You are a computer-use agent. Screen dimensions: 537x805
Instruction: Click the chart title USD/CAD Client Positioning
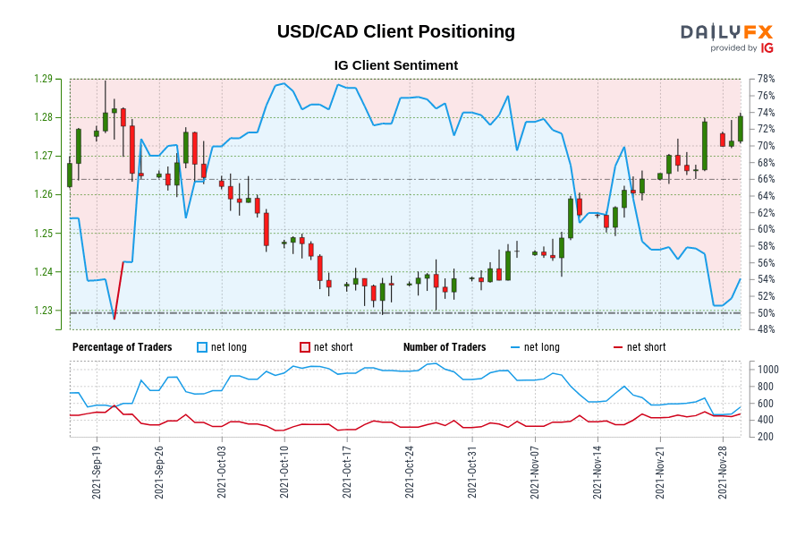(395, 31)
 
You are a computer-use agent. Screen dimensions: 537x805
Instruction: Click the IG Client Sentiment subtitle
(395, 65)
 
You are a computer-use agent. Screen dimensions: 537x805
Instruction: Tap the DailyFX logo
(726, 32)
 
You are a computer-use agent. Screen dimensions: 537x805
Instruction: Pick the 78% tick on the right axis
(765, 79)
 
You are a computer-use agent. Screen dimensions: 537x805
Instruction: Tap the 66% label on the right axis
(765, 179)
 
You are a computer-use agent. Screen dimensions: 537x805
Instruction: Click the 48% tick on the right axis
(765, 329)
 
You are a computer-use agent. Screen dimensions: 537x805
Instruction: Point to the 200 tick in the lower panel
(766, 436)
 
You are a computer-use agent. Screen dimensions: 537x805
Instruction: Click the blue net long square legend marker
(202, 347)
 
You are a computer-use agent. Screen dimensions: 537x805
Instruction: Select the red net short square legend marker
(305, 347)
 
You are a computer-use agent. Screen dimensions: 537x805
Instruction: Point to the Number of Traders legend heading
(445, 347)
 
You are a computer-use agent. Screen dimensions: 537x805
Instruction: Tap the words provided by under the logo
(733, 48)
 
